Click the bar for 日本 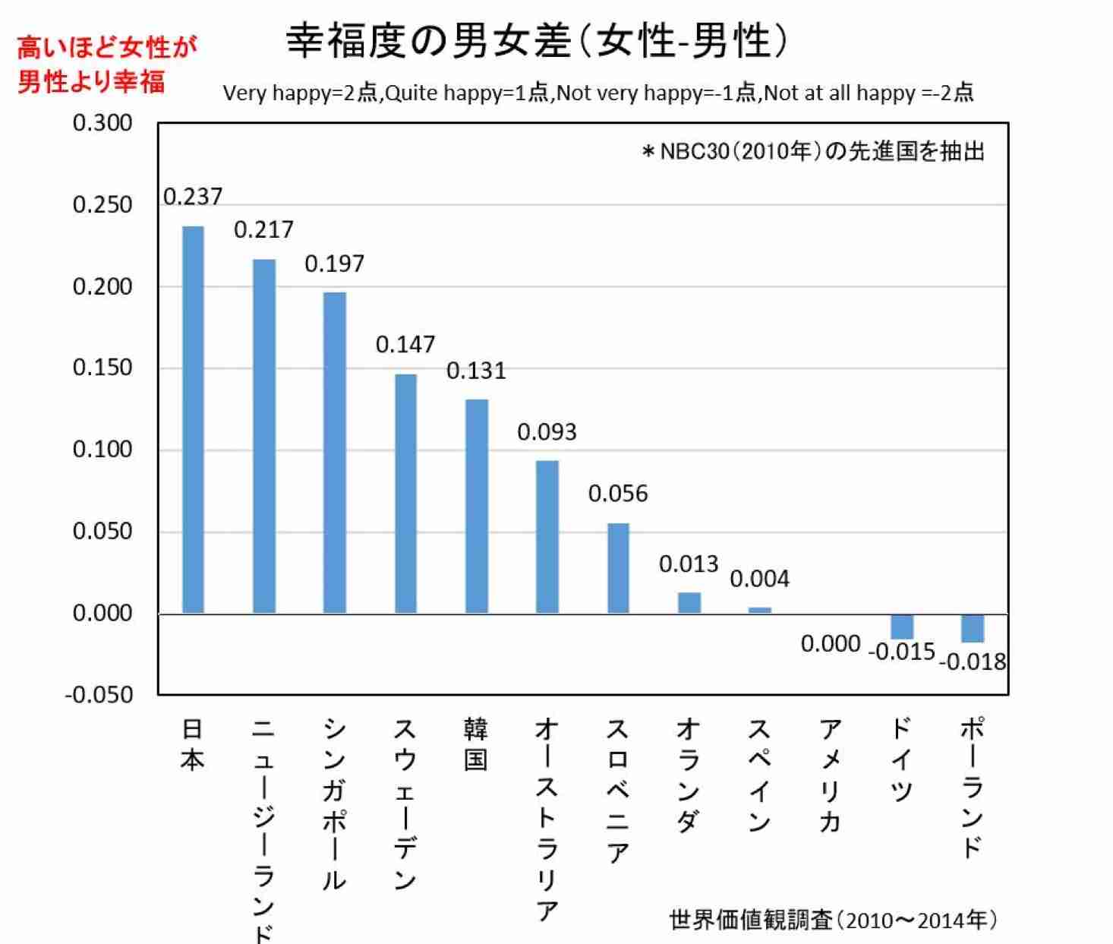point(193,419)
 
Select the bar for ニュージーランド point(263,436)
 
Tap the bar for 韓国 point(476,506)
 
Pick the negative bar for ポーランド point(973,628)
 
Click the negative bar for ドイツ point(902,627)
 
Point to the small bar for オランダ point(689,603)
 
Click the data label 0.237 point(193,197)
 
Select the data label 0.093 point(547,432)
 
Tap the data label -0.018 point(973,662)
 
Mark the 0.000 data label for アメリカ point(831,644)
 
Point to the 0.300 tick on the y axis point(102,123)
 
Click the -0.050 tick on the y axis point(99,695)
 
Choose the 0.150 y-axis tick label point(102,368)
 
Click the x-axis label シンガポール point(334,804)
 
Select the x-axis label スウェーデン point(405,804)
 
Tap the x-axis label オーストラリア point(547,819)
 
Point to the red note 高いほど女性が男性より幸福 point(106,64)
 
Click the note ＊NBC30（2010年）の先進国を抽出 point(812,152)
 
